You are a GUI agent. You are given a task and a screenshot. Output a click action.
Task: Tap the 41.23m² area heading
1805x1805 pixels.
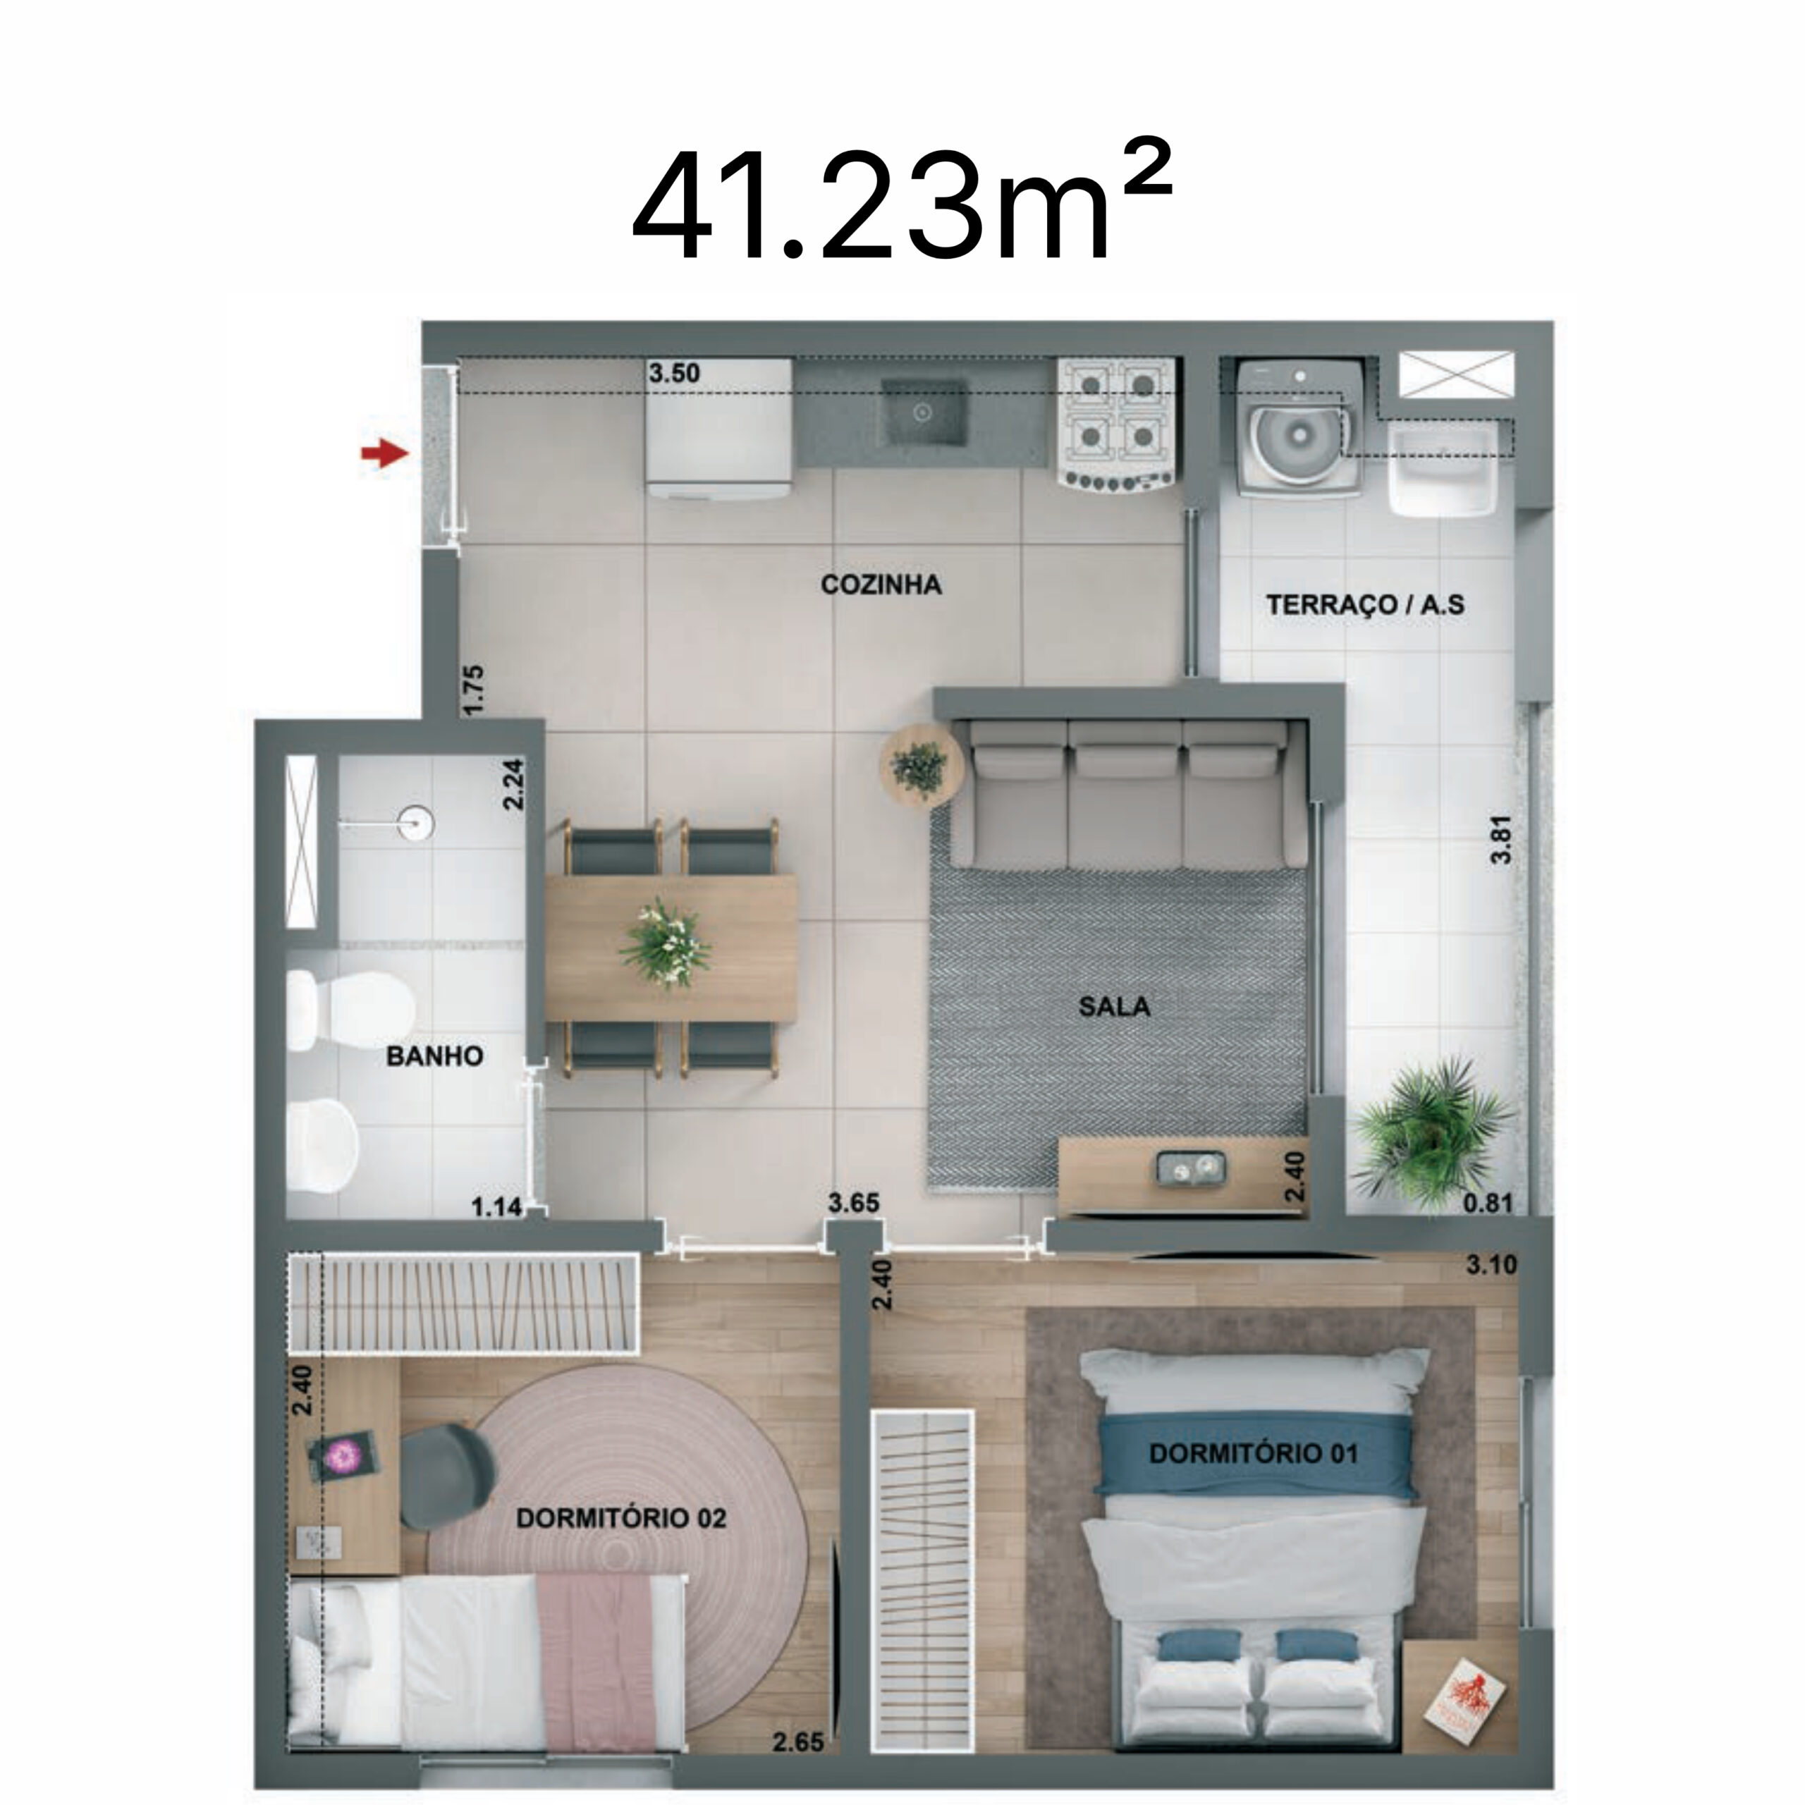pos(900,206)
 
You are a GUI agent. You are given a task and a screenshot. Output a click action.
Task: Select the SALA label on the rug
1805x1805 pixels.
pos(1113,1006)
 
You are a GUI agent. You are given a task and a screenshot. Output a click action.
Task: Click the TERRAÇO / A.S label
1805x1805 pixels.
pos(1365,604)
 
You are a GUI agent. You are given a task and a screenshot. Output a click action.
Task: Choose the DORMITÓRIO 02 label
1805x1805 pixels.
pos(620,1518)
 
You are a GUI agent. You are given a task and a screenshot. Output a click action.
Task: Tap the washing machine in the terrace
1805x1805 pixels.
pos(1297,428)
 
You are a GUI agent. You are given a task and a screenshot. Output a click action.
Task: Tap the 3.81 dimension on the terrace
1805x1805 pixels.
pos(1501,840)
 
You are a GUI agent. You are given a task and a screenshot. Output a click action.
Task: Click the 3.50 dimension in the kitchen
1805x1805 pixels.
pos(673,374)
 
